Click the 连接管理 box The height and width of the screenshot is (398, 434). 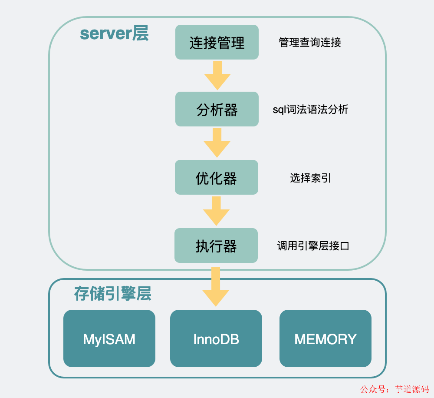(217, 42)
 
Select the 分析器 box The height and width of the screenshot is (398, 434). (217, 109)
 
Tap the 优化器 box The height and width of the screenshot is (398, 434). (217, 177)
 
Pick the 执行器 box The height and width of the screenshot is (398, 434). (216, 245)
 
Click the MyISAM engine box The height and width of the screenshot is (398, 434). (109, 338)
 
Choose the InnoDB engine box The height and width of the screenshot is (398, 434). (216, 338)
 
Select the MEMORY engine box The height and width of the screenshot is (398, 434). (325, 338)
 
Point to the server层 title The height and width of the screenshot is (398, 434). (114, 33)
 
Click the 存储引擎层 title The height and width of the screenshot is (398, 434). (113, 294)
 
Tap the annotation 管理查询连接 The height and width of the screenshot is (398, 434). (310, 43)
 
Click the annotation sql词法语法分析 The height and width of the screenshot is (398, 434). (310, 109)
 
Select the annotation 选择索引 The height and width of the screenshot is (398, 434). (311, 178)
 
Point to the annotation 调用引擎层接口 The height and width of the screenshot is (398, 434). (313, 246)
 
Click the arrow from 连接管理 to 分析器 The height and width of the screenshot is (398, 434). (217, 75)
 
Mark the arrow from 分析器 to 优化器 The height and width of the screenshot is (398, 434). (217, 143)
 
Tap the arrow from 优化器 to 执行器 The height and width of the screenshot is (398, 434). (217, 211)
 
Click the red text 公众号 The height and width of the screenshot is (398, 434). (372, 389)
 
